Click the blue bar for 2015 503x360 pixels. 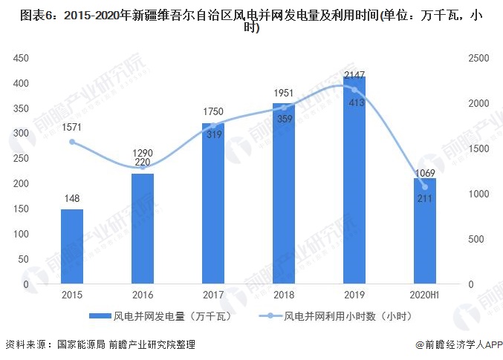point(72,246)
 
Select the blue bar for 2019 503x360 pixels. point(354,180)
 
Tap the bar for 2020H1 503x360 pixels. point(425,231)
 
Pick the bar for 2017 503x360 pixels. point(213,203)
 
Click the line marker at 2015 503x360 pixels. point(72,142)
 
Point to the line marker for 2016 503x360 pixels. point(143,167)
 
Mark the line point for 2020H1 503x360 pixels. point(425,187)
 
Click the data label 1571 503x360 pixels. point(71,127)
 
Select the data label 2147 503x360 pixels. point(354,75)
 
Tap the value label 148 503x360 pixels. point(72,198)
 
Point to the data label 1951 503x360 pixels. point(284,93)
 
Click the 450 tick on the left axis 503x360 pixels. point(21,58)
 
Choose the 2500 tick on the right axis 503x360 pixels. point(478,58)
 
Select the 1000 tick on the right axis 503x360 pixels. point(478,194)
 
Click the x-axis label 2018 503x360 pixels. point(284,295)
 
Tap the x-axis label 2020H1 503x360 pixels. point(424,295)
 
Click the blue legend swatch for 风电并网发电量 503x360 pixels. point(100,316)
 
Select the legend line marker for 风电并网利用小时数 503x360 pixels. point(270,316)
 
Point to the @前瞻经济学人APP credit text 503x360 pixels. point(458,344)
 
